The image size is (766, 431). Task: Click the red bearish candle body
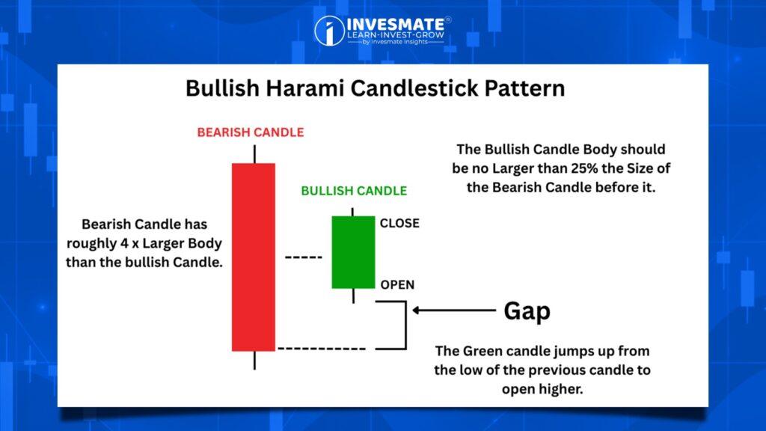(x=254, y=257)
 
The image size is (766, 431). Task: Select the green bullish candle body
(x=353, y=252)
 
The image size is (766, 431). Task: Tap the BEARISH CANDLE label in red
(x=251, y=132)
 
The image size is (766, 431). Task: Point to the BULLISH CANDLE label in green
(x=354, y=191)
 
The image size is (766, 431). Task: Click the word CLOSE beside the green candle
(x=399, y=223)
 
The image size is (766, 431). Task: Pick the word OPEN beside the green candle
(x=397, y=284)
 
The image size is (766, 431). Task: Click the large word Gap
(x=527, y=311)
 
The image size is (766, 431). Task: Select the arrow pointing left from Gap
(x=454, y=310)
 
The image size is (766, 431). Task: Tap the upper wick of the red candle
(x=254, y=154)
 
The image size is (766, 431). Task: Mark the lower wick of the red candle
(x=254, y=360)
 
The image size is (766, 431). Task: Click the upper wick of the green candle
(x=353, y=212)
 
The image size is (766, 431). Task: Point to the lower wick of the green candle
(x=353, y=296)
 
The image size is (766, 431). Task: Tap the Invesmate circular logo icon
(x=329, y=31)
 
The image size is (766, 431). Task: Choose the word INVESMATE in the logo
(x=395, y=25)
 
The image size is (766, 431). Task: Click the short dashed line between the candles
(x=304, y=257)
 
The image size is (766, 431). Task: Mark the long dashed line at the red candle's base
(x=322, y=349)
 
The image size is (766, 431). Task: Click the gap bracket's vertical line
(x=405, y=325)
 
